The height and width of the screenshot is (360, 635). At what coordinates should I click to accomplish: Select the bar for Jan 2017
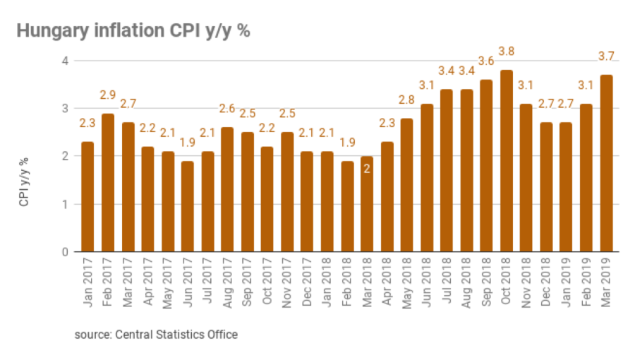click(87, 197)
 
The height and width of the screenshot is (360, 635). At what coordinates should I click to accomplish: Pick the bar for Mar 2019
click(606, 163)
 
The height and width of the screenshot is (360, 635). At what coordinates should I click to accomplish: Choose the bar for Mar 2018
click(366, 204)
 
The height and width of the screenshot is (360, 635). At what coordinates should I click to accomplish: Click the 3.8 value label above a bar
click(507, 51)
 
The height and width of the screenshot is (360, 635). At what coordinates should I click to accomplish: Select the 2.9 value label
click(107, 94)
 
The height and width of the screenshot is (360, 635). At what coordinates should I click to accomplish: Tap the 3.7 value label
click(606, 56)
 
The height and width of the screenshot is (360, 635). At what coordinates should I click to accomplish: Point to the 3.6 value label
click(486, 61)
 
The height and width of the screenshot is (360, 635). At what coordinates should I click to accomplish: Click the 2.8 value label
click(406, 99)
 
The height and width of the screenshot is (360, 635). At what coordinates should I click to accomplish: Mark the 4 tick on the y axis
click(64, 61)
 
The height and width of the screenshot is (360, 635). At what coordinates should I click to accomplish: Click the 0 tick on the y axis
click(64, 252)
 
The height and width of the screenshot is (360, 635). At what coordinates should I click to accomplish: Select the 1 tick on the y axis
click(64, 205)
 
